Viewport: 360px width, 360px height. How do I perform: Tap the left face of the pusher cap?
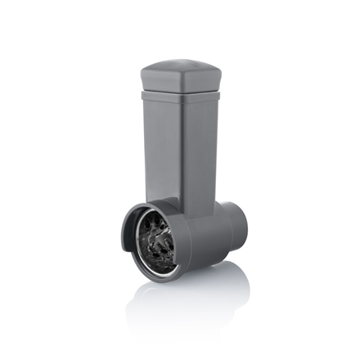tap(160, 79)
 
